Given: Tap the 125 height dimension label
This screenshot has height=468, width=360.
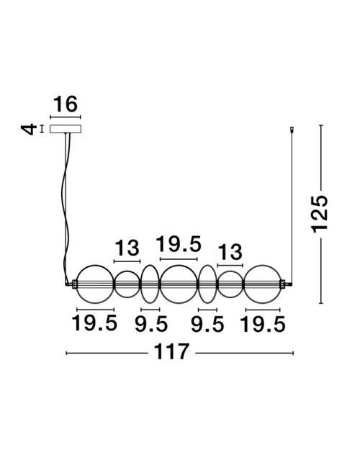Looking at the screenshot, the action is (319, 214).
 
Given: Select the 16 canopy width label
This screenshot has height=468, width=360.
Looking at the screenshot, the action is (66, 104).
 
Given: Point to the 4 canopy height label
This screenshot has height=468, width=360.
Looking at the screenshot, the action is (28, 129).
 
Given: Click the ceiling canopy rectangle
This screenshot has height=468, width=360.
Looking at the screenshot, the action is (66, 129).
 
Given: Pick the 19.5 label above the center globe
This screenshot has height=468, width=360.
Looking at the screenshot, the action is (179, 244).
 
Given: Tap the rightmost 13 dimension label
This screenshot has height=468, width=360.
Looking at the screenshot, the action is (230, 252).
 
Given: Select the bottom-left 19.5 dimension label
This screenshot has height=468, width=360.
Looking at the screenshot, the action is (94, 323).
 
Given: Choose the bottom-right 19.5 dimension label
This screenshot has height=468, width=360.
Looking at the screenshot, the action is (263, 325).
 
